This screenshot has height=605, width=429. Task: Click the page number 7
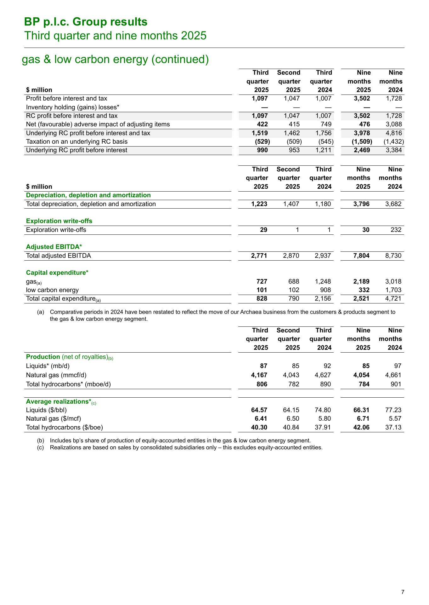[403, 592]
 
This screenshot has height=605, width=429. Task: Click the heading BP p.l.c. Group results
[86, 22]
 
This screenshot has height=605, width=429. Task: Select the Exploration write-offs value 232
[396, 230]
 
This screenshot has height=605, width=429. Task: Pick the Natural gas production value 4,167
[259, 375]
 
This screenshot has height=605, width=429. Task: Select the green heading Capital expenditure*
[57, 273]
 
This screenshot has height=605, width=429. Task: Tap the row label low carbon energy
[52, 290]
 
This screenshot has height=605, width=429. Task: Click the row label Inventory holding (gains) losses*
[72, 107]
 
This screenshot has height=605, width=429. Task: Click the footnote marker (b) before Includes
[41, 441]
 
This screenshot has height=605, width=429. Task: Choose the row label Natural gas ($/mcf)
[53, 419]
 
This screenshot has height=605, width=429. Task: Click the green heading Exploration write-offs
[59, 221]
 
